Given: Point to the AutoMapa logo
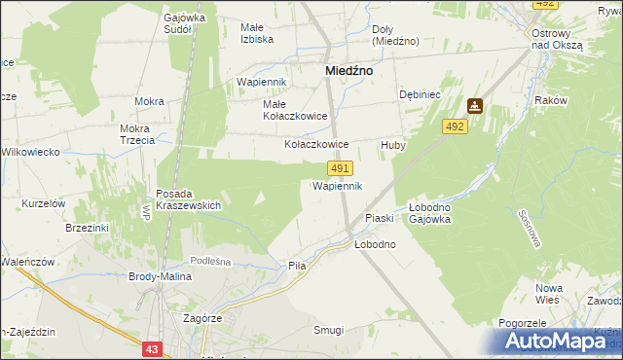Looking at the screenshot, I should pyautogui.click(x=563, y=340).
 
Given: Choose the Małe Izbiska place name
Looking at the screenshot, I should pyautogui.click(x=257, y=33).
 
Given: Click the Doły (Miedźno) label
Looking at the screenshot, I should pyautogui.click(x=395, y=35).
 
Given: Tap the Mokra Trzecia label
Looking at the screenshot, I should pyautogui.click(x=138, y=134).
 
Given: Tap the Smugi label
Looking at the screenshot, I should pyautogui.click(x=328, y=330).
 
